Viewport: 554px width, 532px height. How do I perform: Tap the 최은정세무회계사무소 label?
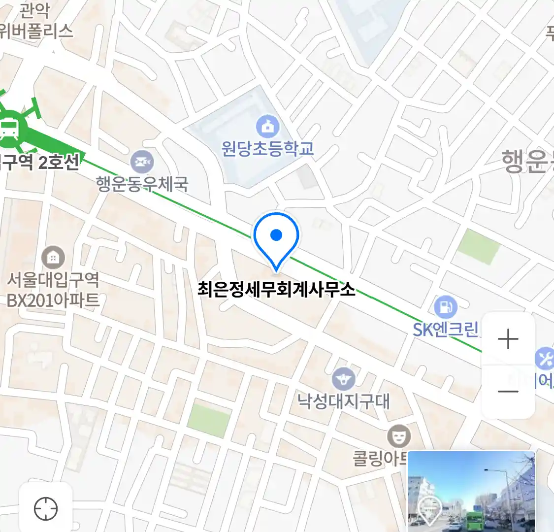(x=276, y=289)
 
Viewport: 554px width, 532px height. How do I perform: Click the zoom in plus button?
(x=508, y=339)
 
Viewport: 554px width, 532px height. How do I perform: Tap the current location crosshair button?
(x=46, y=508)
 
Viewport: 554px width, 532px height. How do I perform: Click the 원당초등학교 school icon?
(x=267, y=127)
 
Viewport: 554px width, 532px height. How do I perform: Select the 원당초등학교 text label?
(x=267, y=148)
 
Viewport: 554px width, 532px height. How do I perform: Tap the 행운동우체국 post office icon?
(x=142, y=162)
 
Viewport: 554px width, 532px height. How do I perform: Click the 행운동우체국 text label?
(x=142, y=184)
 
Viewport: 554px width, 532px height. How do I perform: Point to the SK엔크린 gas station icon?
(x=446, y=307)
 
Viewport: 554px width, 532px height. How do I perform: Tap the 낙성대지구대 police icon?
(x=343, y=379)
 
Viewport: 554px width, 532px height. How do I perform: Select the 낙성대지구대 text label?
(x=343, y=401)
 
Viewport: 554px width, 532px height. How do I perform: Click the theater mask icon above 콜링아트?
(x=398, y=436)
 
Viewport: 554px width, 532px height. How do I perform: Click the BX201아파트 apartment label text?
(x=53, y=300)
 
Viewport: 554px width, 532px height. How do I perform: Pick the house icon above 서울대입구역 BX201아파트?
(x=53, y=257)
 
